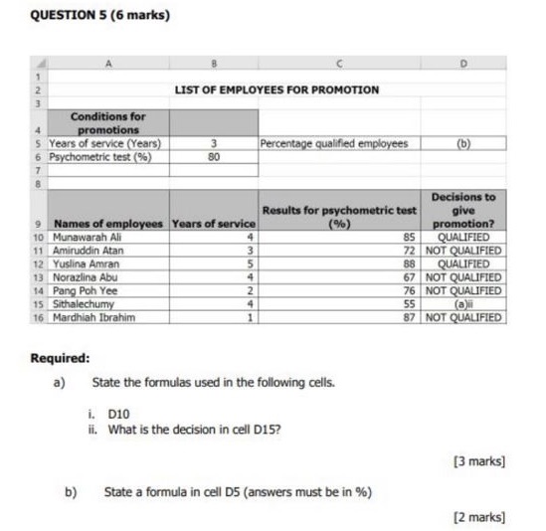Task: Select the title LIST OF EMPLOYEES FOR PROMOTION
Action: click(x=276, y=89)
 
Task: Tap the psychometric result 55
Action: click(x=408, y=304)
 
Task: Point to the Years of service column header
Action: click(x=214, y=224)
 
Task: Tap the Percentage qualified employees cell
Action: click(x=334, y=143)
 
